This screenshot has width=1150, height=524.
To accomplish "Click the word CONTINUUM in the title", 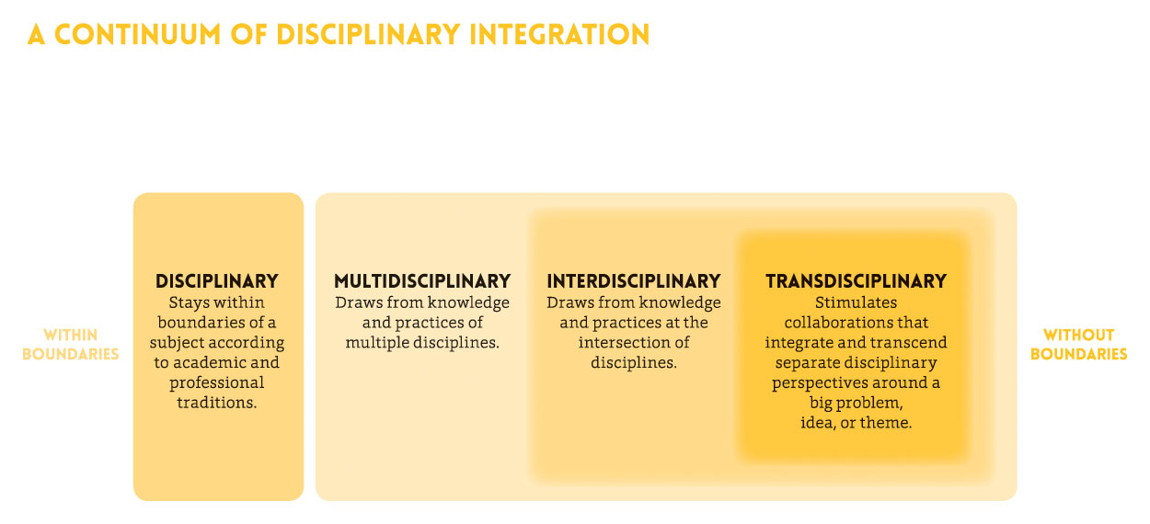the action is pyautogui.click(x=138, y=35).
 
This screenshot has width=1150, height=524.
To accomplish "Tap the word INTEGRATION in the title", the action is pyautogui.click(x=559, y=35).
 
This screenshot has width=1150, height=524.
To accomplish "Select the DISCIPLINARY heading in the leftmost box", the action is pyautogui.click(x=217, y=281).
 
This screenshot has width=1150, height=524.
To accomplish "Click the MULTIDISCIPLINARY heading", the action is pyautogui.click(x=422, y=281).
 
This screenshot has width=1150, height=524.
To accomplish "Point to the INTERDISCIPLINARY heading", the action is pyautogui.click(x=634, y=281).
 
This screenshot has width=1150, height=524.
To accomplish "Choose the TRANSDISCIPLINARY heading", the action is pyautogui.click(x=857, y=281).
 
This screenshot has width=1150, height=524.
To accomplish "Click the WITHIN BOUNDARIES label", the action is pyautogui.click(x=70, y=345).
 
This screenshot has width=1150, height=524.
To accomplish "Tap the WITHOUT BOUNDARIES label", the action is pyautogui.click(x=1078, y=345).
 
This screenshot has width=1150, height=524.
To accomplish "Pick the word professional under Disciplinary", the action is pyautogui.click(x=217, y=383).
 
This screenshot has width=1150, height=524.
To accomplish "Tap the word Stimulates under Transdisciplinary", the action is pyautogui.click(x=856, y=302).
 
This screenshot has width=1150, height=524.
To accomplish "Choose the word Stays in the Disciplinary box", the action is pyautogui.click(x=184, y=303).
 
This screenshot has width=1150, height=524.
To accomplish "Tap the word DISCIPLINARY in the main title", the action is pyautogui.click(x=368, y=35).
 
